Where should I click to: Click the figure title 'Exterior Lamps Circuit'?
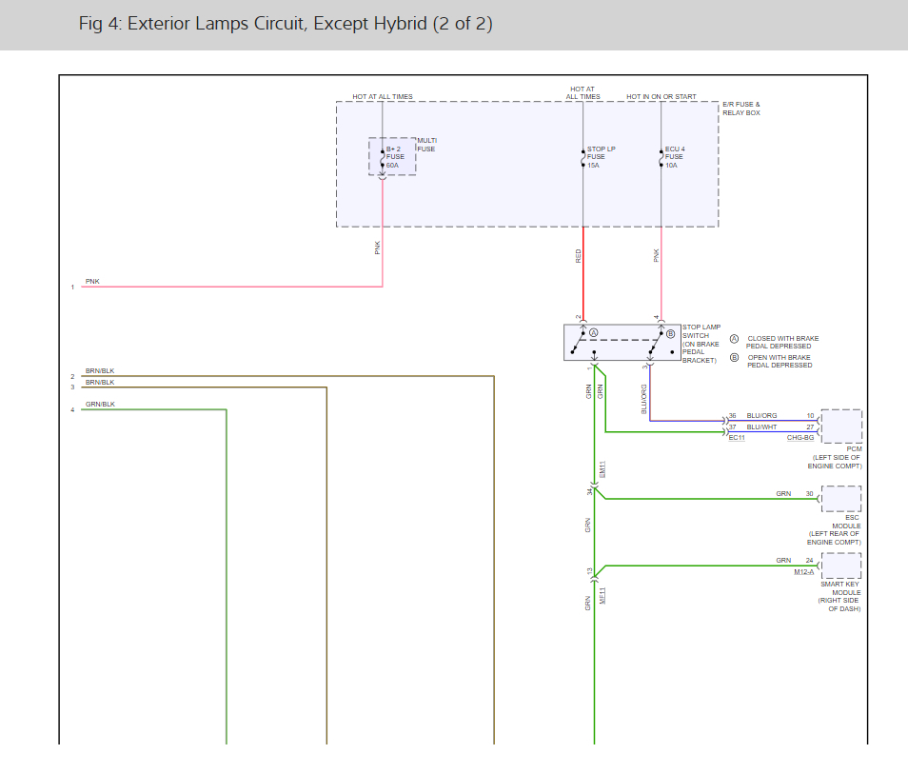(286, 24)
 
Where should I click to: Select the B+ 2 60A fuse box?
(392, 156)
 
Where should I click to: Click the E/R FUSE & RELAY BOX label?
(741, 109)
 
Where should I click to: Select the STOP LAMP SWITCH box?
(622, 343)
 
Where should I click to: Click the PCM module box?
(841, 427)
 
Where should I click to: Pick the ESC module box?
(841, 499)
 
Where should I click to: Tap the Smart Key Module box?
(841, 566)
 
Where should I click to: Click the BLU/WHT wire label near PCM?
(761, 427)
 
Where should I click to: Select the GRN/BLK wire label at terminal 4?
(99, 405)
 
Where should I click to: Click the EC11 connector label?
(736, 438)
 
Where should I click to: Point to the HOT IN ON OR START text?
(661, 97)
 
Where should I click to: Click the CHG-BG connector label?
(799, 438)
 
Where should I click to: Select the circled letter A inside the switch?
(593, 333)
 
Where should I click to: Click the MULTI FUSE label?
(426, 145)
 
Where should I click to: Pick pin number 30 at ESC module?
(810, 494)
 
